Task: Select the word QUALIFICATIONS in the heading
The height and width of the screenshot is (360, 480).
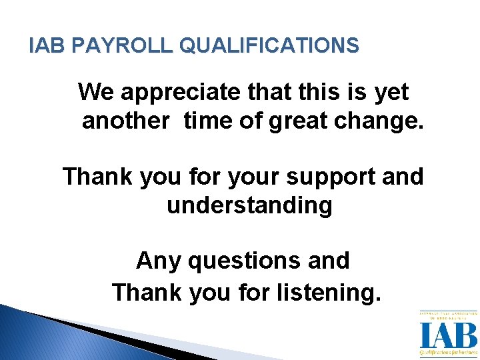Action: point(270,45)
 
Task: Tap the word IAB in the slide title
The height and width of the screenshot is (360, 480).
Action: point(49,45)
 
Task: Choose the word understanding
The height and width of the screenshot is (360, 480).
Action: point(249,206)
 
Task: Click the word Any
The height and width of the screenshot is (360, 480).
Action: point(159,261)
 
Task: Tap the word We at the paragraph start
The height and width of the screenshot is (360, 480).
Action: point(96,92)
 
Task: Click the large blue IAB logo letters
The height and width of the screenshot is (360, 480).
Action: point(448,335)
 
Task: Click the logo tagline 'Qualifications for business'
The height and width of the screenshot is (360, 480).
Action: point(448,352)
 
